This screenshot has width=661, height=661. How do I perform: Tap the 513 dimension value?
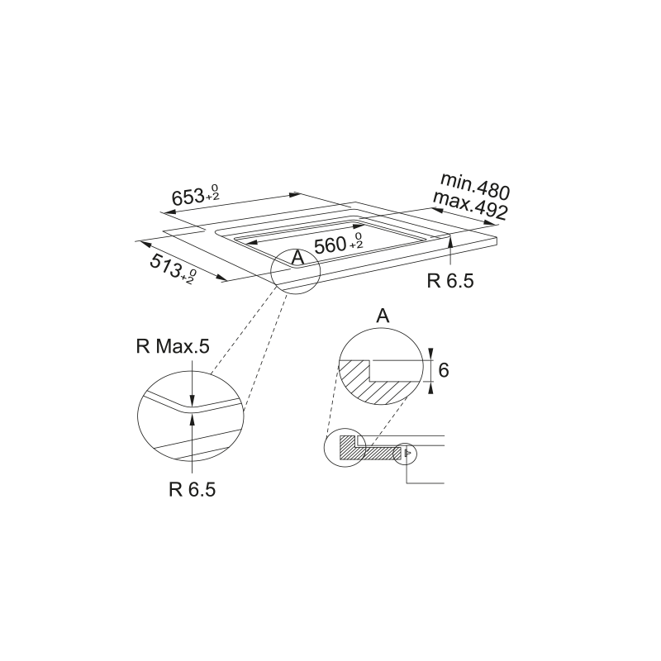pos(166,266)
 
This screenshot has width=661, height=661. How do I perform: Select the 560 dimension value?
pos(330,245)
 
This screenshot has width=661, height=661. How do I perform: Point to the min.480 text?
pos(475,186)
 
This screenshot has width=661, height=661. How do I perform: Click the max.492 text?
pos(470,206)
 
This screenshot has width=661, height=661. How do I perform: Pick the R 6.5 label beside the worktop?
pos(450,281)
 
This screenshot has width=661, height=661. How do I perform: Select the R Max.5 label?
pos(173,346)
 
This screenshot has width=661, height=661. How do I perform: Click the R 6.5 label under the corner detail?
pos(193,489)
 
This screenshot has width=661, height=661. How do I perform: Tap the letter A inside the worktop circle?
pos(297,258)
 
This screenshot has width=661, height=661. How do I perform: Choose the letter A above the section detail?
pos(383,316)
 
